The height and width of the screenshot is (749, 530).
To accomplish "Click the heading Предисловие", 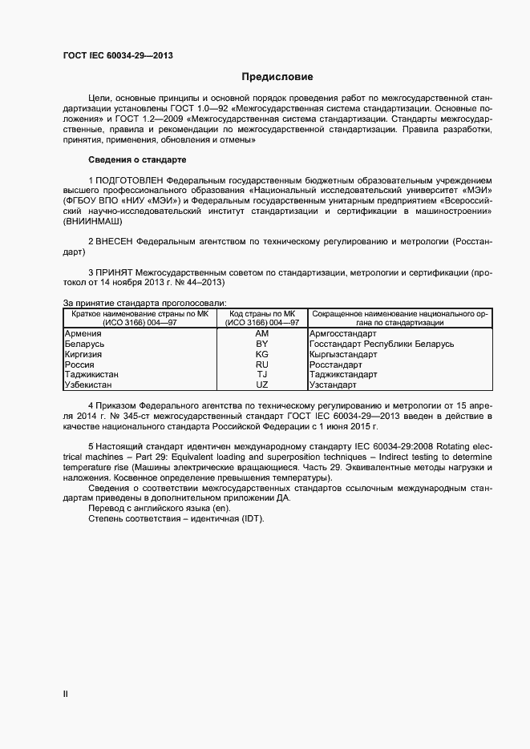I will click(277, 77).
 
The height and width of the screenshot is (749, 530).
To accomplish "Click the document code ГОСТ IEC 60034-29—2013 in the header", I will click(118, 56).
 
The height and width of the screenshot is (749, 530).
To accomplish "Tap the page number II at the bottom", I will click(66, 695).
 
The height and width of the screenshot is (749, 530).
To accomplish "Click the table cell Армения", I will click(83, 332).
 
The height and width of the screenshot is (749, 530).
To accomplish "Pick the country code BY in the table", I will click(261, 344).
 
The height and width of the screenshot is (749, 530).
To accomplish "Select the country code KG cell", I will click(261, 354).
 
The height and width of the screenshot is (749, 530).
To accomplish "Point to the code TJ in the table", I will click(261, 375).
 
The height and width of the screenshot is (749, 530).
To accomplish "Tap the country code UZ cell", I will click(261, 385).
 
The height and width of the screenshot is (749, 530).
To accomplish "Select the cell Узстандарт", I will click(335, 385).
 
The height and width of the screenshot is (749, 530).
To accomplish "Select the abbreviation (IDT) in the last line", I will click(251, 519).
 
